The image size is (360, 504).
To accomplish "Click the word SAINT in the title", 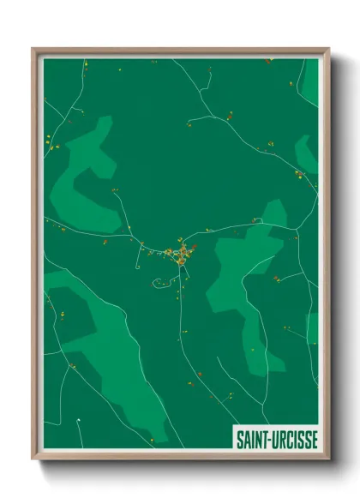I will click(x=254, y=440).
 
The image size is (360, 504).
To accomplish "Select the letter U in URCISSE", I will click(x=278, y=440).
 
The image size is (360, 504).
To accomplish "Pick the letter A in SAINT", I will click(x=248, y=440).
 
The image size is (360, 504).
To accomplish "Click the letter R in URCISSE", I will click(x=285, y=440).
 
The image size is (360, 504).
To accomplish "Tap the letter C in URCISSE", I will click(x=291, y=440).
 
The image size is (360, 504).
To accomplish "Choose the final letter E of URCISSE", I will click(x=313, y=440).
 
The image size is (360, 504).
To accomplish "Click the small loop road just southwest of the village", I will click(x=161, y=282).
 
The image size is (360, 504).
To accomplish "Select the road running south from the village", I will click(x=181, y=317).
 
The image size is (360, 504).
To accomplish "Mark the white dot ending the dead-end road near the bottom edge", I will click(x=79, y=419).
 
